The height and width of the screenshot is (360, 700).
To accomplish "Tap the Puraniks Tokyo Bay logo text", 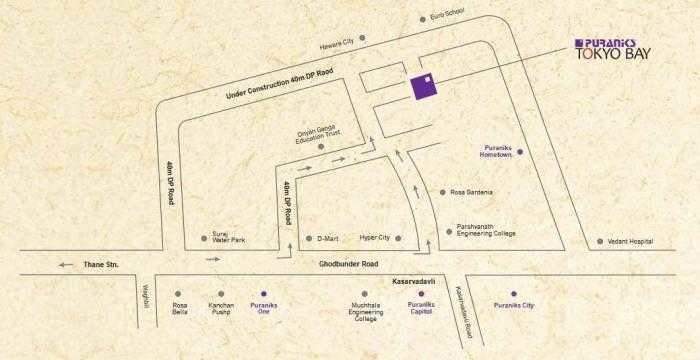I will (610, 49).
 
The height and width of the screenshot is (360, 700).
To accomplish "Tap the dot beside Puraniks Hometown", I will (519, 151).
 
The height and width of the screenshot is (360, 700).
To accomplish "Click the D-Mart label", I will (329, 240).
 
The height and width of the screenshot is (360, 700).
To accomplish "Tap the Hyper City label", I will (375, 240).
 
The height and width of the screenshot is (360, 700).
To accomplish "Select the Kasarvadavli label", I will (416, 282).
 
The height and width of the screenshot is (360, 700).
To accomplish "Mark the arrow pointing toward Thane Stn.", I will (69, 265).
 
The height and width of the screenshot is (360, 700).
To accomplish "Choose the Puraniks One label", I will (263, 309).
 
